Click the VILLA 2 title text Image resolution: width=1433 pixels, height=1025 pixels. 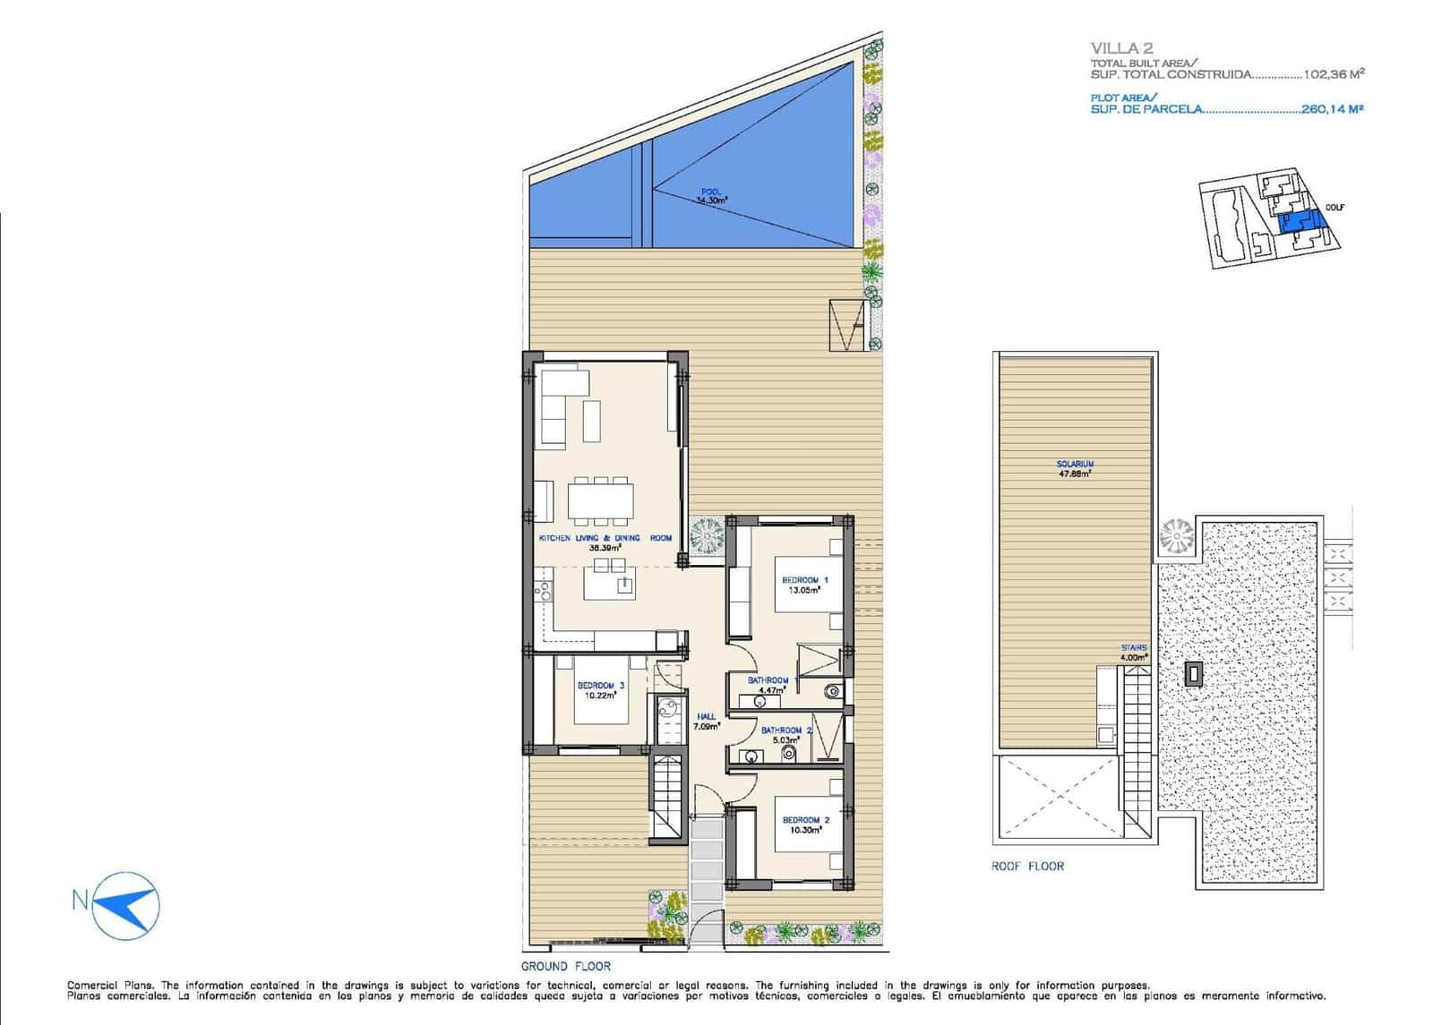(x=1121, y=48)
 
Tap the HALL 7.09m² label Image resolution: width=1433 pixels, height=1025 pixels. (x=707, y=722)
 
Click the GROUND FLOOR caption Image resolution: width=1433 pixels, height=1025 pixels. (x=566, y=966)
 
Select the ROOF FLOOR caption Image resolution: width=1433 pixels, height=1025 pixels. (x=1027, y=866)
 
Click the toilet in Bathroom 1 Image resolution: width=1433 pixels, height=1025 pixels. (x=832, y=689)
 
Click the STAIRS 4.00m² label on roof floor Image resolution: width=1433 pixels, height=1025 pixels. (x=1133, y=652)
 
